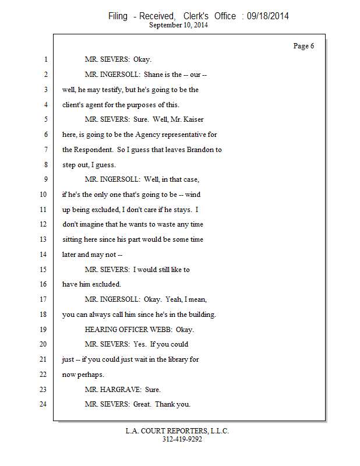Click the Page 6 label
pyautogui.click(x=303, y=46)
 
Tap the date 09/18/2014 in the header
pyautogui.click(x=267, y=16)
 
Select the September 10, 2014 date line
pyautogui.click(x=179, y=25)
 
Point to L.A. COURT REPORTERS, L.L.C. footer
pyautogui.click(x=177, y=431)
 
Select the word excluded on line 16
pyautogui.click(x=107, y=284)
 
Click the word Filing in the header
pyautogui.click(x=118, y=16)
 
